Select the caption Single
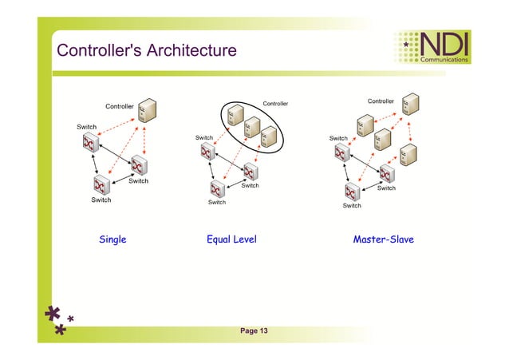[112, 239]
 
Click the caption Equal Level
[231, 239]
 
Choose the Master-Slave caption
[383, 239]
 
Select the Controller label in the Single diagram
[120, 106]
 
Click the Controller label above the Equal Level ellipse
[275, 103]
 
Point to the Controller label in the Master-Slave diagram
[381, 101]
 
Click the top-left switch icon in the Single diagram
[89, 143]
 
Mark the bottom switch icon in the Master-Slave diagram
[352, 192]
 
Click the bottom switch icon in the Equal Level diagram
[216, 188]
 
